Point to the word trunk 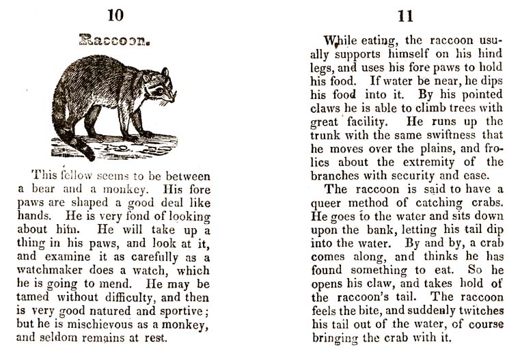coord(327,135)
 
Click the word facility coord(364,121)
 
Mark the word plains coord(433,148)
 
